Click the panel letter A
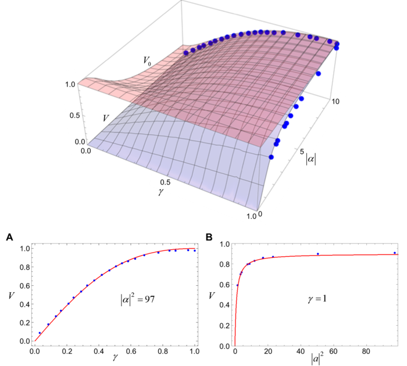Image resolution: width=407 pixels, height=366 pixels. (9, 236)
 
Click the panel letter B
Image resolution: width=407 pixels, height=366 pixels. (209, 236)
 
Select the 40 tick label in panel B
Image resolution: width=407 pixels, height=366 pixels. (300, 351)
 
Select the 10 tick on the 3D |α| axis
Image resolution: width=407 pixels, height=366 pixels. (337, 101)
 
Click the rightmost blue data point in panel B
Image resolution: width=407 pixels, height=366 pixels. (395, 253)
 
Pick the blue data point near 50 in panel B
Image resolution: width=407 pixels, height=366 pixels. (317, 254)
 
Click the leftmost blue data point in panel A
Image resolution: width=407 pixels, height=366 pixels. (40, 333)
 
